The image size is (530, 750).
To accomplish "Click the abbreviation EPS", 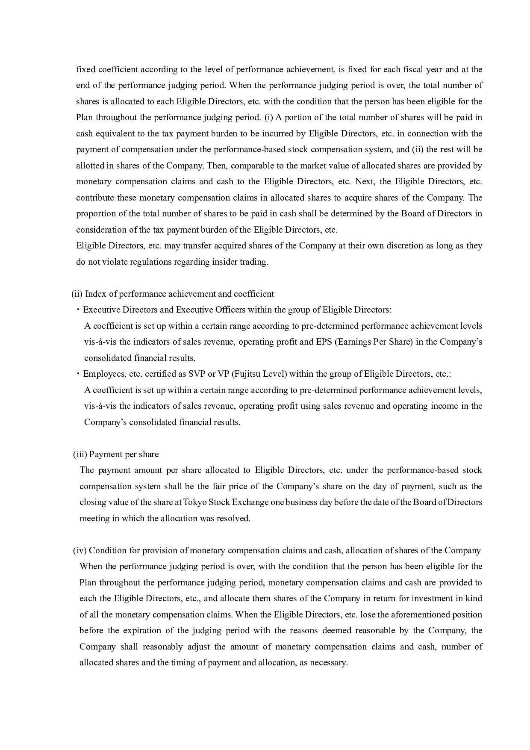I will (x=325, y=342).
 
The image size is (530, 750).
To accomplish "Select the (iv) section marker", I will (x=80, y=551).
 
